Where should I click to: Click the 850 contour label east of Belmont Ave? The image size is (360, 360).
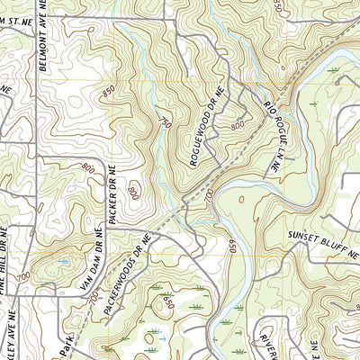pos(108,91)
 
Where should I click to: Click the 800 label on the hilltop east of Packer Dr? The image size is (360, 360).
pos(132,192)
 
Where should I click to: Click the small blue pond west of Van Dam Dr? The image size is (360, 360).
pos(63,261)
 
